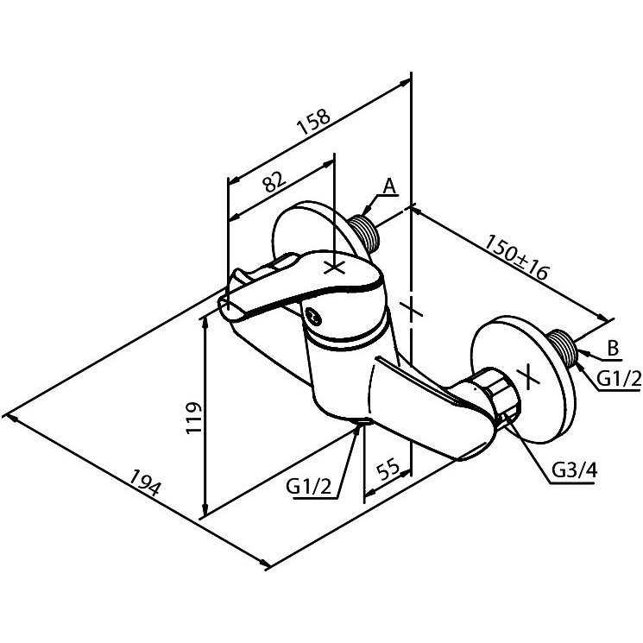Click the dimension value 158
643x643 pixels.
[x=313, y=122]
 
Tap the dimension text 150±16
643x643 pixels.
[x=516, y=257]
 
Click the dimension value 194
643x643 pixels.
[x=144, y=482]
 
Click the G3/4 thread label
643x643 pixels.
[x=574, y=470]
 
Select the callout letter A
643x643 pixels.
[x=389, y=186]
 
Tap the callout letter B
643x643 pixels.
[x=613, y=349]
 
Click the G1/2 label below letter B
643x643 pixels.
[x=619, y=379]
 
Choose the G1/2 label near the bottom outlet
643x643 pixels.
[x=308, y=487]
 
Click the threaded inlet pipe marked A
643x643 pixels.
[x=364, y=232]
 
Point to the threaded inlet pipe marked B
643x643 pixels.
[x=563, y=347]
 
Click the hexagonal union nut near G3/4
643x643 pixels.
[x=498, y=393]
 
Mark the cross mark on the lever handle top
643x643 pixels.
[x=335, y=268]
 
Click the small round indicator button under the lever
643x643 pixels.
[x=313, y=316]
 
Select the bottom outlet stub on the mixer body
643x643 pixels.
[x=362, y=421]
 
